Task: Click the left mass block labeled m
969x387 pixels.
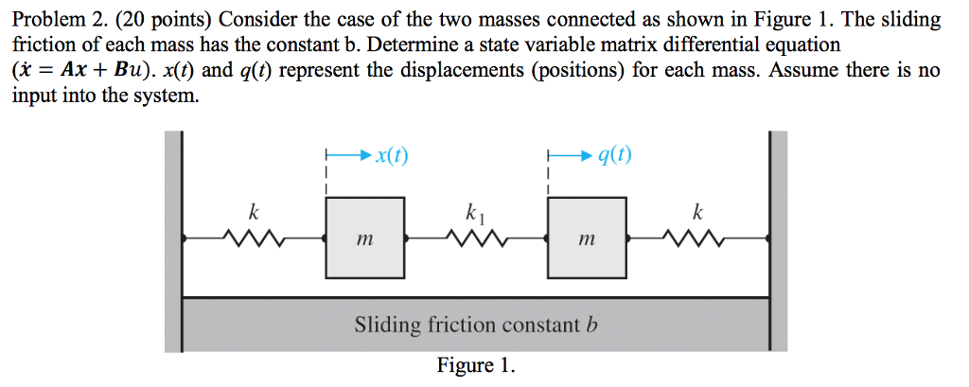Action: pos(365,237)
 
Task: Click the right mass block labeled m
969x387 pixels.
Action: pos(587,237)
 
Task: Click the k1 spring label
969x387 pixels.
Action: pos(476,213)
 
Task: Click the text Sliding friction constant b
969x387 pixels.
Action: pos(477,325)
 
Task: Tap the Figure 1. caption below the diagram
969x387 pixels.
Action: pos(476,365)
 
